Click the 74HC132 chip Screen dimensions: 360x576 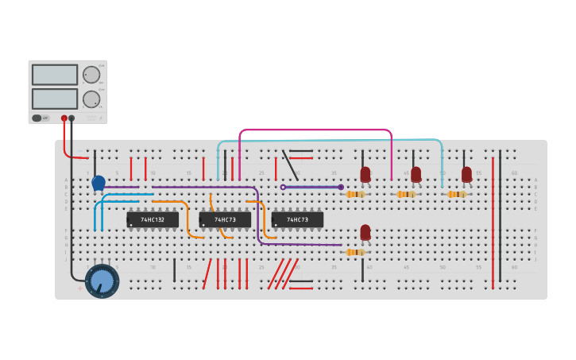153,219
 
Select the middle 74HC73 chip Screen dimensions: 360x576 225,219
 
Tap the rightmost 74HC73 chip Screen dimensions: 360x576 297,219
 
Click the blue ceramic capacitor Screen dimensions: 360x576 99,184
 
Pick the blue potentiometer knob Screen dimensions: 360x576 102,281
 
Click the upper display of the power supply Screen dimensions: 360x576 55,75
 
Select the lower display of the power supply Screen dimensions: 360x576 55,99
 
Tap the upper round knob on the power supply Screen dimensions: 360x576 92,75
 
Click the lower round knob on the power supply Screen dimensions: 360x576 92,99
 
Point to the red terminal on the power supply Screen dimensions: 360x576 64,118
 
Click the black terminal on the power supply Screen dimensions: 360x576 72,118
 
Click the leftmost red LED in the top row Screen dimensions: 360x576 365,174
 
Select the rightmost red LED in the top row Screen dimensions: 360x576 466,174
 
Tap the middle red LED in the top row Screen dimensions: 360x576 416,174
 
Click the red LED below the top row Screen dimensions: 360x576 365,232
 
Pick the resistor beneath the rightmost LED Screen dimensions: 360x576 456,194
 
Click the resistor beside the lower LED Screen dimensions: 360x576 355,252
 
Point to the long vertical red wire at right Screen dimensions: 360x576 493,223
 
